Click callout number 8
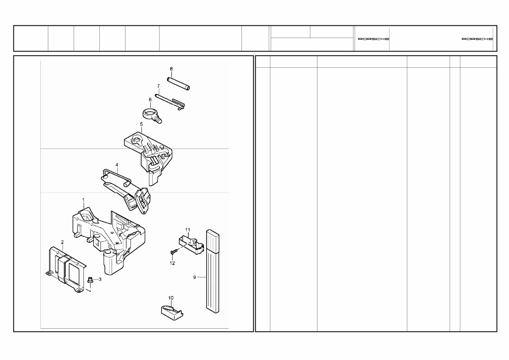click(171, 69)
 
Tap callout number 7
click(158, 86)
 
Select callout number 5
click(141, 124)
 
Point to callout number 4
click(117, 164)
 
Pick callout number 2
click(62, 242)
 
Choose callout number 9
click(194, 277)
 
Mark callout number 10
click(171, 297)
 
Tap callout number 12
click(172, 263)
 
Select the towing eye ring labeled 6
click(152, 114)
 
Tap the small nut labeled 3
click(90, 280)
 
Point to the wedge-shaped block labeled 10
click(172, 310)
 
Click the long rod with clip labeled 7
click(170, 100)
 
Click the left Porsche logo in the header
click(373, 39)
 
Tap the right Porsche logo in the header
click(477, 39)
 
